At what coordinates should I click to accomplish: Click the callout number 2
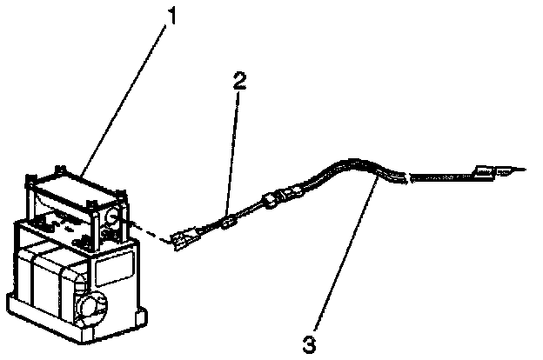pyautogui.click(x=239, y=82)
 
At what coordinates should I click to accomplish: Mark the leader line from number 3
pyautogui.click(x=344, y=252)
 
